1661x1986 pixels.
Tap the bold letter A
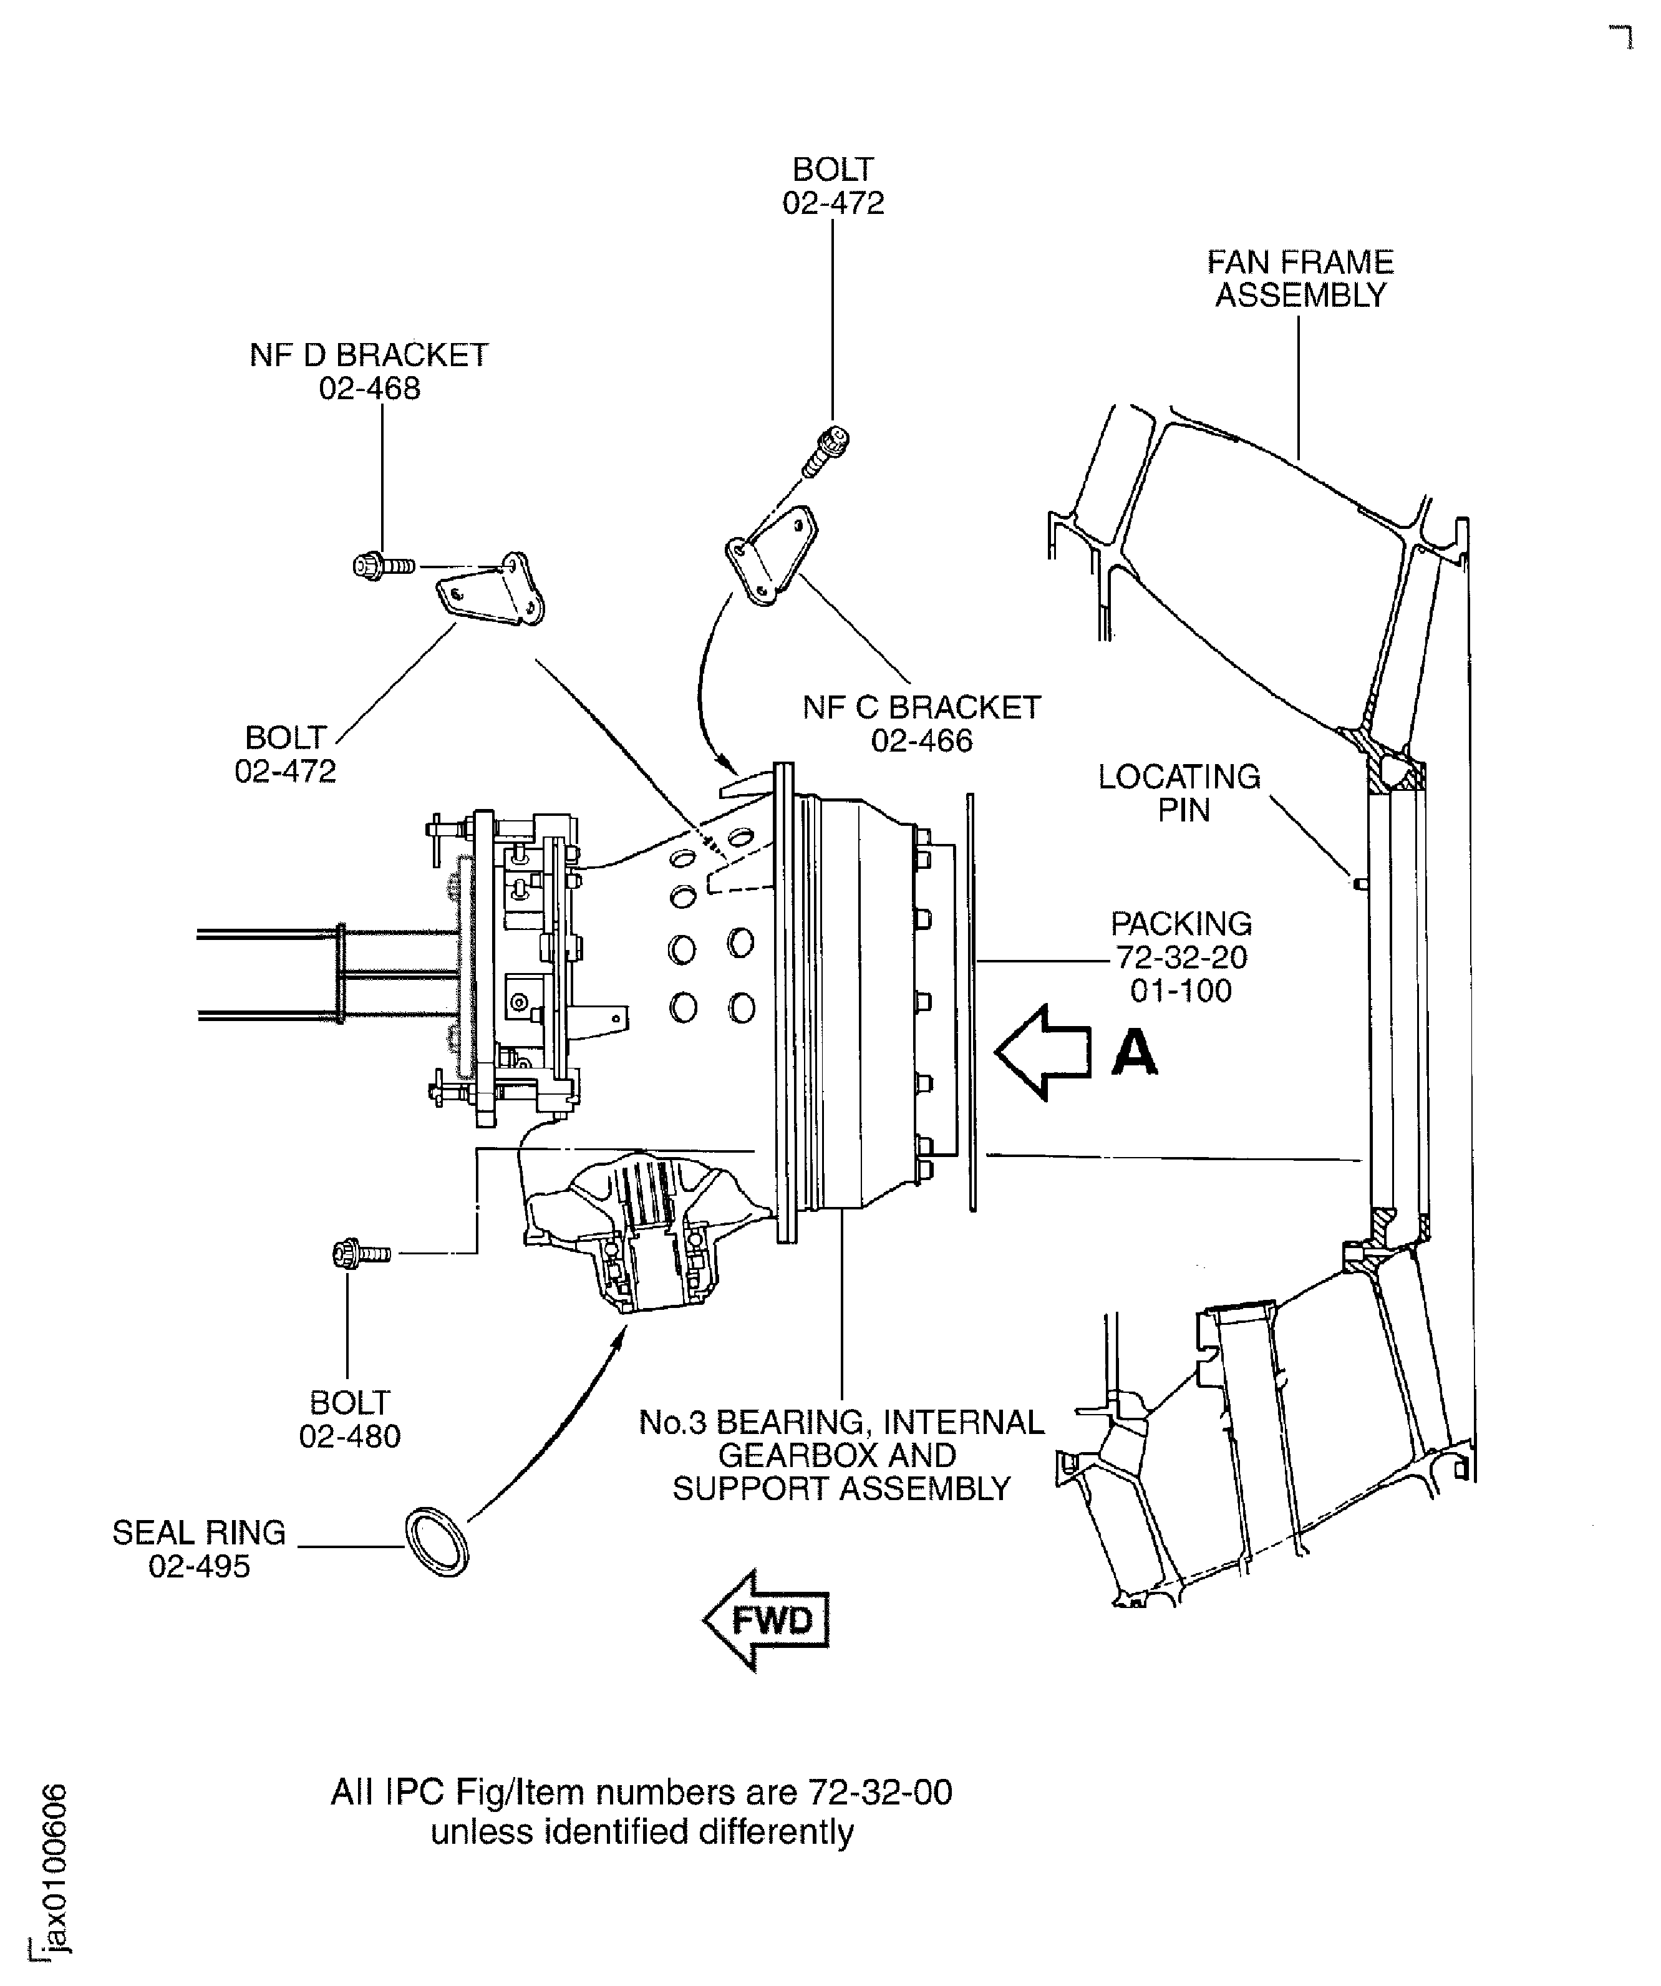pyautogui.click(x=1134, y=1053)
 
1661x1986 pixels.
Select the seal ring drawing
pyautogui.click(x=437, y=1543)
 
